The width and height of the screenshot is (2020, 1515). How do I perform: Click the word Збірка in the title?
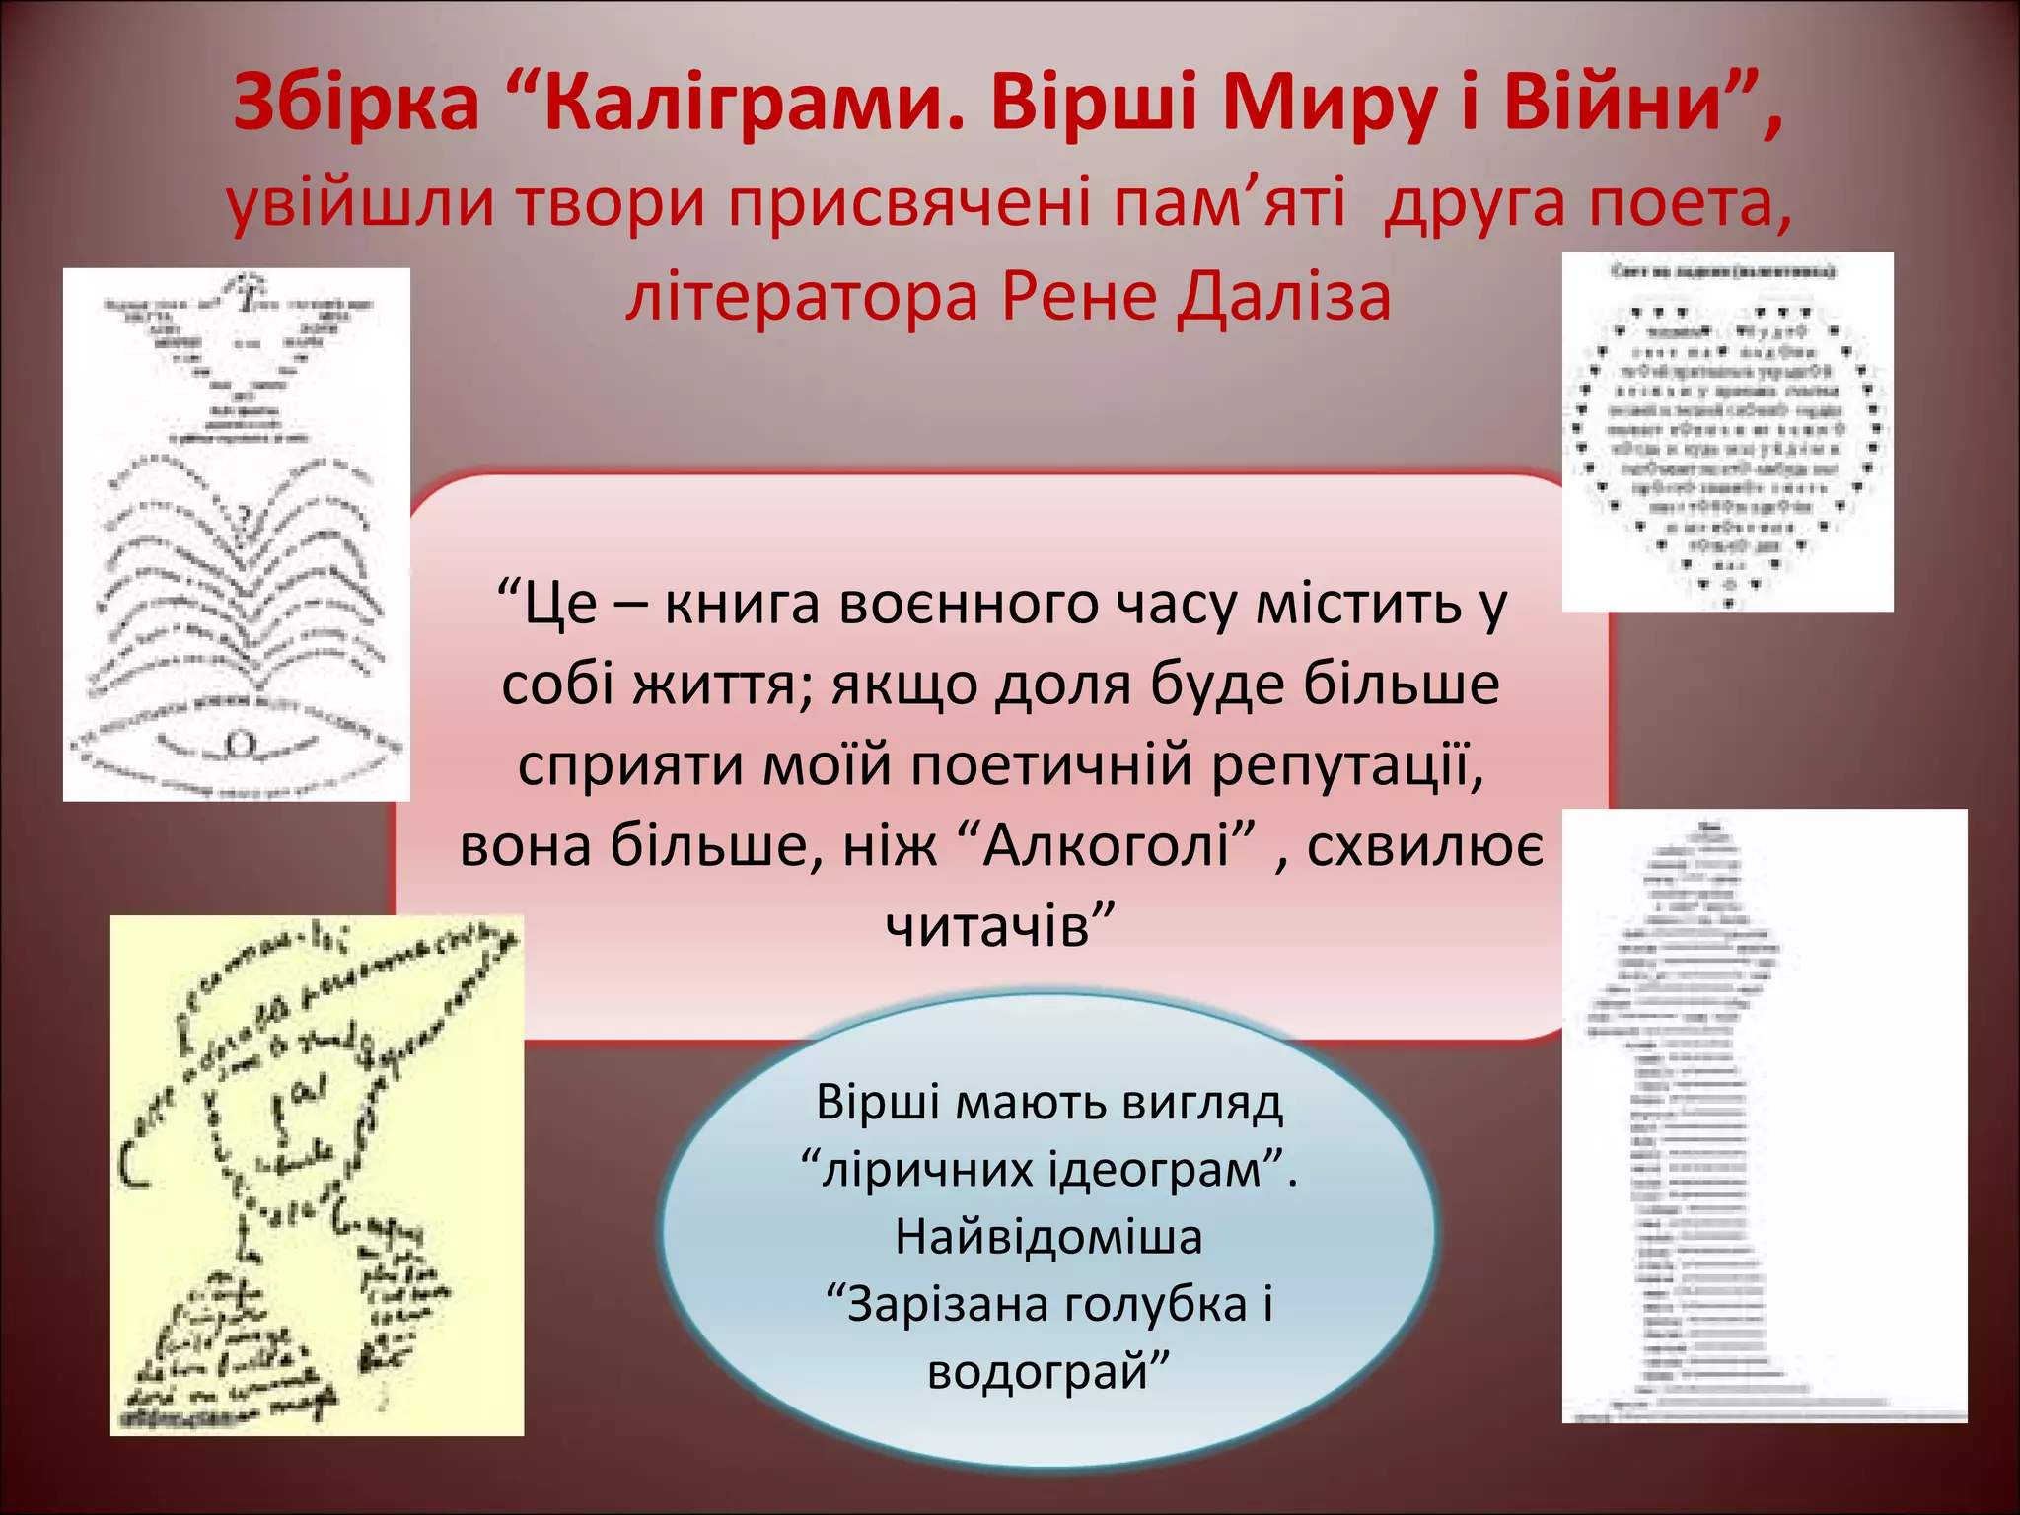[x=356, y=104]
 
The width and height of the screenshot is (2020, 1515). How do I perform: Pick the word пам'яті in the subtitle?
[x=1228, y=203]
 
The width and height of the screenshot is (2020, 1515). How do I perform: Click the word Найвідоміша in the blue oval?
[x=1048, y=1237]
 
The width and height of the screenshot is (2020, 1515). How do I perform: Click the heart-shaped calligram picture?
[x=1727, y=432]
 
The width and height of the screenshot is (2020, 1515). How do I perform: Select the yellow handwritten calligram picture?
[x=317, y=1175]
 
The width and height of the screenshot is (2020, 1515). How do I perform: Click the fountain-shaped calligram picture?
[x=237, y=534]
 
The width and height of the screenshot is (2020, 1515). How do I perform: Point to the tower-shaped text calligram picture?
[x=1764, y=1116]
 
